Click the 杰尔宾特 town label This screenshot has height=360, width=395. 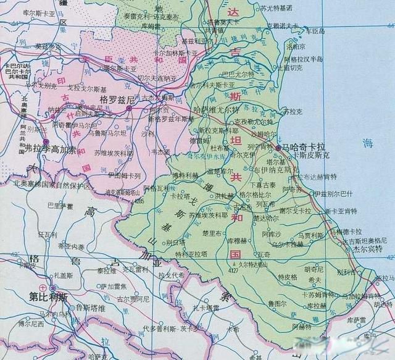click(x=368, y=248)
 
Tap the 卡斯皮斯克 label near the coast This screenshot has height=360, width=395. click(x=312, y=157)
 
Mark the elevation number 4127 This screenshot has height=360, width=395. click(x=233, y=270)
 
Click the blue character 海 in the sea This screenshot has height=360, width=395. click(x=368, y=143)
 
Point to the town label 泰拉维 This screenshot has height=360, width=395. click(x=106, y=270)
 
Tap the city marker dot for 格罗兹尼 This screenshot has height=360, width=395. click(x=128, y=108)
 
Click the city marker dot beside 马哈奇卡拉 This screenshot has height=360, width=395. click(x=278, y=149)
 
